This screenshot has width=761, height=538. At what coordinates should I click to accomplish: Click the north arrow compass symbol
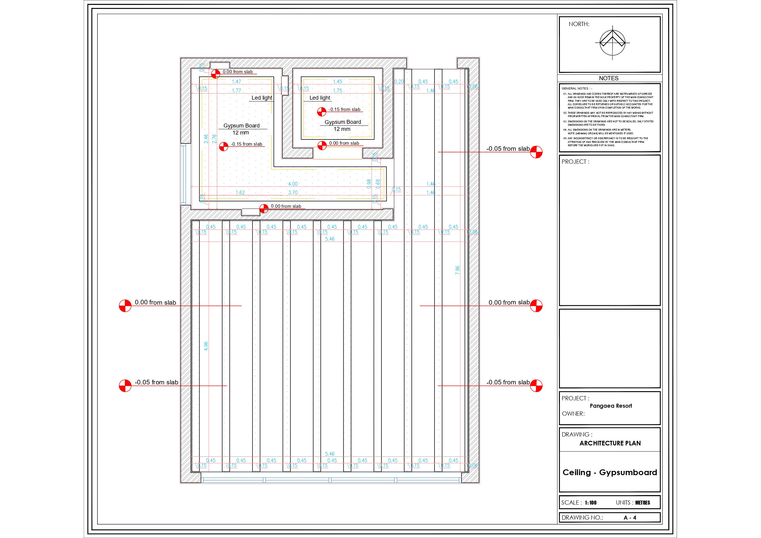point(612,43)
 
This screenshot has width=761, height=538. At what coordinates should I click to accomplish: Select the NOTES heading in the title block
point(608,78)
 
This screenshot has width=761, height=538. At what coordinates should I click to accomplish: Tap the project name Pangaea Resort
point(610,406)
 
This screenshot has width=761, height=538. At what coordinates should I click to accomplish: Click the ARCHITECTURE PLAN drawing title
point(610,443)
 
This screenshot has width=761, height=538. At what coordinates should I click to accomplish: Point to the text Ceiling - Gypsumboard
point(610,472)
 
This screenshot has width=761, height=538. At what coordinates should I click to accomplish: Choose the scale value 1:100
point(590,502)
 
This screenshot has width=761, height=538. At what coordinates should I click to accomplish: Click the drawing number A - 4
point(630,517)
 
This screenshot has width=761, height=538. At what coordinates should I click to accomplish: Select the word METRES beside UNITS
point(642,502)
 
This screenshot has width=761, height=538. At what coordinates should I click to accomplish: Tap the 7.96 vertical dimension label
point(457,270)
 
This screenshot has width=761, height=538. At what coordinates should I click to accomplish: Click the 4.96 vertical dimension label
point(206,346)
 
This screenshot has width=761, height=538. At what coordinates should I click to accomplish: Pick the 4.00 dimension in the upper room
point(293,184)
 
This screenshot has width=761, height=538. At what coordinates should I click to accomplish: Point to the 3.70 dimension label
point(293,193)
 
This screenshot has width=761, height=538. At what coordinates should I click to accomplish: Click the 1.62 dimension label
point(240,193)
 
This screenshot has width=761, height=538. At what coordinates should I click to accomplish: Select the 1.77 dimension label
point(236,90)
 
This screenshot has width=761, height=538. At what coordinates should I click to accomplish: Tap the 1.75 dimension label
point(337,90)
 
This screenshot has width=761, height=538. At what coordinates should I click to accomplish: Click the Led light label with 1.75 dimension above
point(319,98)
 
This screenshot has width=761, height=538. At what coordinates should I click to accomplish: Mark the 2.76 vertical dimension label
point(214,139)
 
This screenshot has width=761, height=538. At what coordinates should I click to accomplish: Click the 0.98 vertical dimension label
point(369,184)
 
